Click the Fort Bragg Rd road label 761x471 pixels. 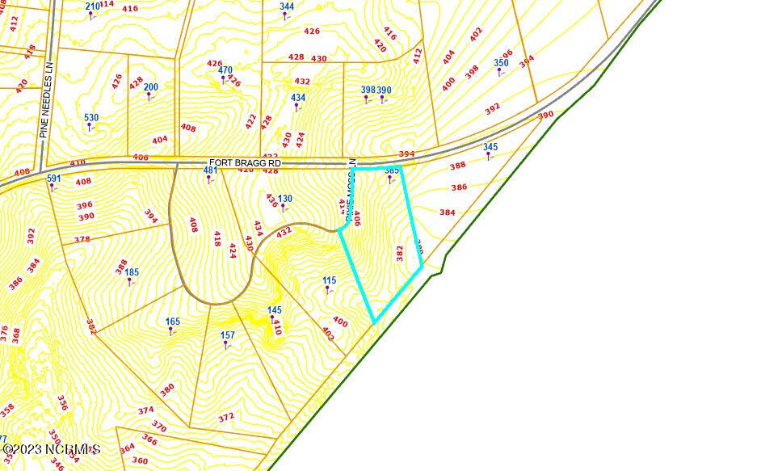[244, 162]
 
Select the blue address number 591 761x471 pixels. [53, 179]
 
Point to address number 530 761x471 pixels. [91, 118]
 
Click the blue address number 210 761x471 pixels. [93, 6]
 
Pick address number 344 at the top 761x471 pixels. [287, 6]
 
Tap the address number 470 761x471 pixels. [225, 71]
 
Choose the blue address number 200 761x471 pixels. [151, 87]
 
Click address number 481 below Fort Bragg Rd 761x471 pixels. [210, 170]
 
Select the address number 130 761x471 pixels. [284, 199]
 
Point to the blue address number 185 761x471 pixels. [132, 273]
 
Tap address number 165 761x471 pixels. [173, 322]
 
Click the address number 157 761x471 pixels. [228, 335]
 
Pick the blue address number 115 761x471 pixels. [329, 281]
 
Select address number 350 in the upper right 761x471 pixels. [501, 63]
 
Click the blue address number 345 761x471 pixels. [490, 147]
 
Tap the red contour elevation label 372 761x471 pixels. [226, 418]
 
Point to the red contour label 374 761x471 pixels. [145, 410]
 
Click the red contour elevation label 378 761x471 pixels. [82, 240]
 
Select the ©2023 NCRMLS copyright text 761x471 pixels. [52, 449]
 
